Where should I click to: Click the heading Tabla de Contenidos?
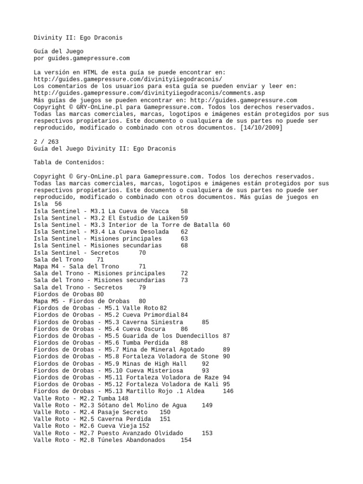pos(69,162)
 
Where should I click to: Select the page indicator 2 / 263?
pos(47,141)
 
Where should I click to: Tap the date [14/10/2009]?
pos(262,128)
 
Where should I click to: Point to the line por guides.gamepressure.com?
pos(81,59)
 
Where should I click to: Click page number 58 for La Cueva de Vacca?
pos(184,210)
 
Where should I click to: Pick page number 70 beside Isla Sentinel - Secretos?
pos(142,252)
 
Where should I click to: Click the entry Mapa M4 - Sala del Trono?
pos(77,266)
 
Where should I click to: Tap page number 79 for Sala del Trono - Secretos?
pos(142,287)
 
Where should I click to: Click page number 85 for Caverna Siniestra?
pos(205,322)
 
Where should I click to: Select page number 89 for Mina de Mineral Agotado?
pos(226,349)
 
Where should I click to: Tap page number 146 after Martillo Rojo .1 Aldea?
pos(228,391)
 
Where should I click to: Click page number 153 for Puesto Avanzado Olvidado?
pos(207,432)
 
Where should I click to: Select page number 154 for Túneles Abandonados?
pos(186,440)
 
